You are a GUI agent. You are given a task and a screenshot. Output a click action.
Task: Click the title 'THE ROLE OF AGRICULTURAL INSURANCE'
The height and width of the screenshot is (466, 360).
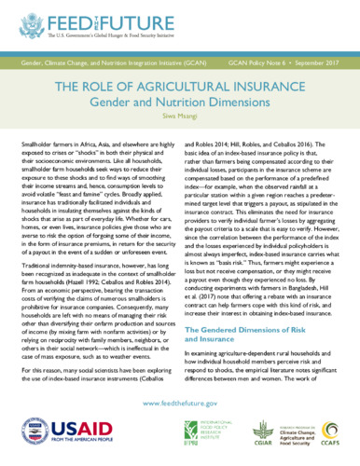[x=179, y=87]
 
